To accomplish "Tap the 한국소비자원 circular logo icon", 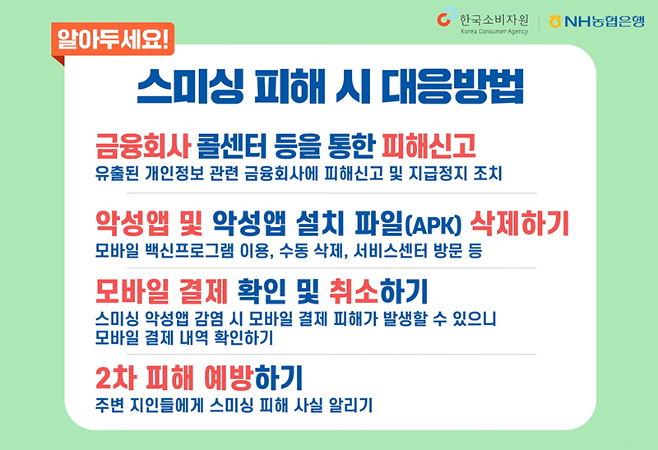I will coord(447,17).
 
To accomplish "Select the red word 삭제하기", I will coord(520,223).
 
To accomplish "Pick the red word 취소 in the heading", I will coord(354,292).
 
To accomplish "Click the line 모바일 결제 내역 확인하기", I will coord(183,336).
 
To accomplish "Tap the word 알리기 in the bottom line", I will coord(350,406).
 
